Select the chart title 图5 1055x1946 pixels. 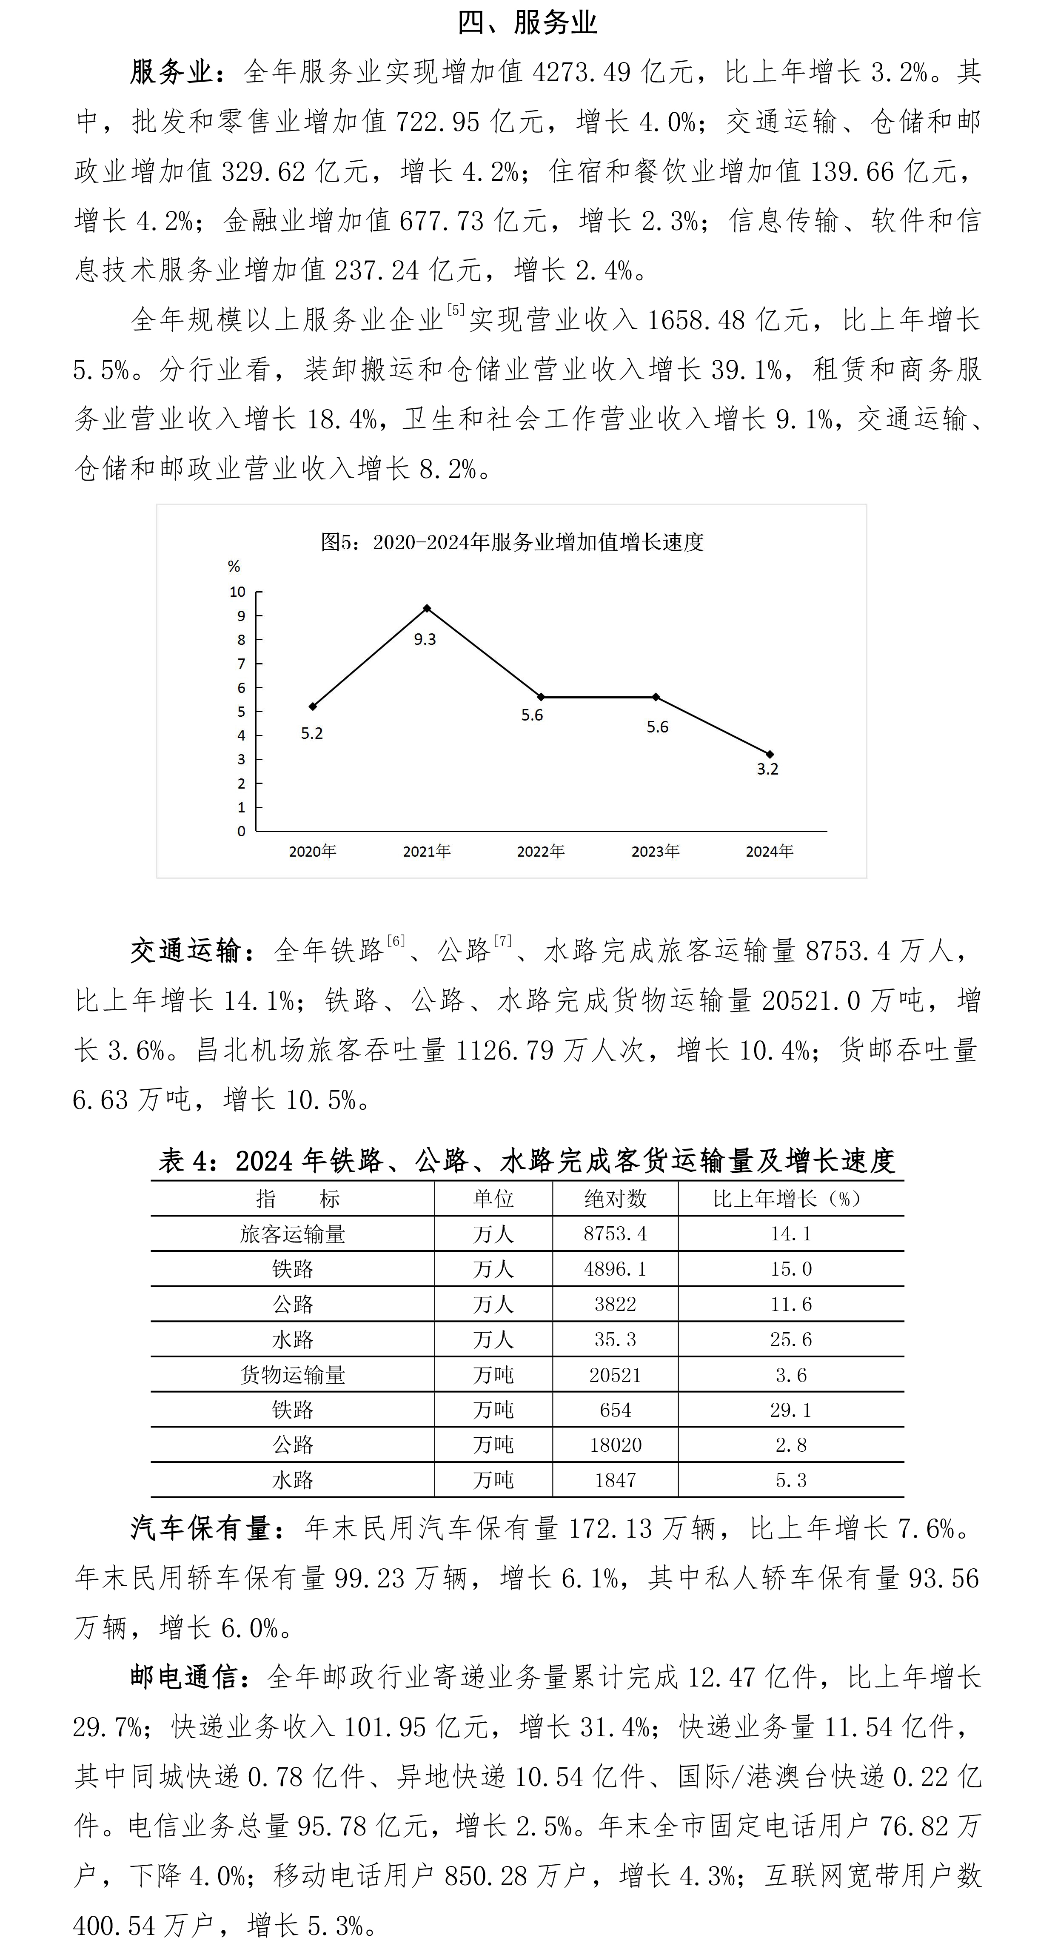coord(512,542)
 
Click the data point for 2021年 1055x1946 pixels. coord(427,608)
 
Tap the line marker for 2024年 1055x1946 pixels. coord(769,754)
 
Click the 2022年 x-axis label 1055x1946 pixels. coord(540,852)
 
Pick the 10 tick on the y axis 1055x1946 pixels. coord(237,592)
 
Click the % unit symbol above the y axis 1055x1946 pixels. coord(234,567)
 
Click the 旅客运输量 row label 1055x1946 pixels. coord(293,1234)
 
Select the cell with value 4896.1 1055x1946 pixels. coord(615,1269)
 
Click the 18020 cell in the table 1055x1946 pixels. coord(615,1445)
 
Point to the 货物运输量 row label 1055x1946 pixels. coord(293,1375)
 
